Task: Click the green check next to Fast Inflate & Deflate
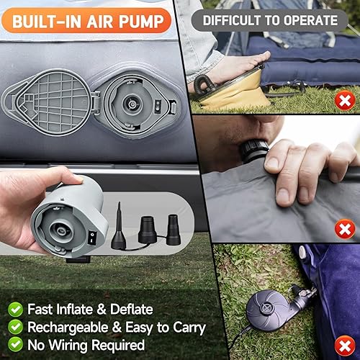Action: click(14, 310)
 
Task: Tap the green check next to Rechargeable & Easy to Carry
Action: click(14, 327)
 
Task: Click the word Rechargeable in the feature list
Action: click(61, 327)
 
